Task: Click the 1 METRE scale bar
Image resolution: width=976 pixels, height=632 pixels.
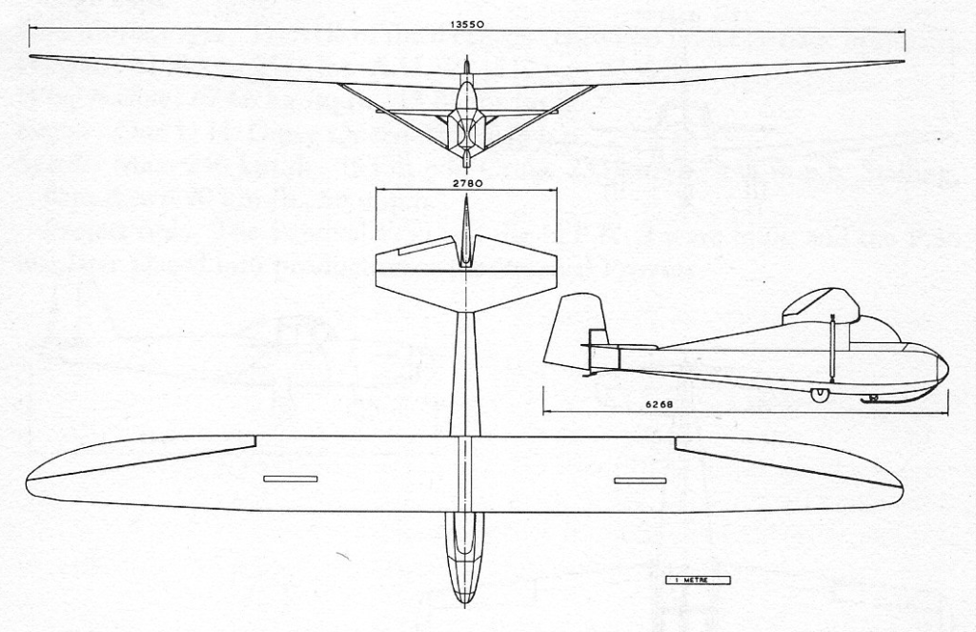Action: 697,580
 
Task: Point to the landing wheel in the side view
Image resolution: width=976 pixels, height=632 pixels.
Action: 817,395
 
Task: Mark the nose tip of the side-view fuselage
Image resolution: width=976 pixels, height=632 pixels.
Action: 947,365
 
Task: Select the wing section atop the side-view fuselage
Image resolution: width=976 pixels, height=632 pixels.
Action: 820,304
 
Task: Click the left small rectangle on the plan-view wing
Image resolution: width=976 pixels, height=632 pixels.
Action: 290,479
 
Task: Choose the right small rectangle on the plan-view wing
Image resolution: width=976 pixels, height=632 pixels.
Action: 640,479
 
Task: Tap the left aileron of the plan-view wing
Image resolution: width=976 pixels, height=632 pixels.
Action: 143,458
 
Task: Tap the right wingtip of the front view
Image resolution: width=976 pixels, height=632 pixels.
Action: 900,63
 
